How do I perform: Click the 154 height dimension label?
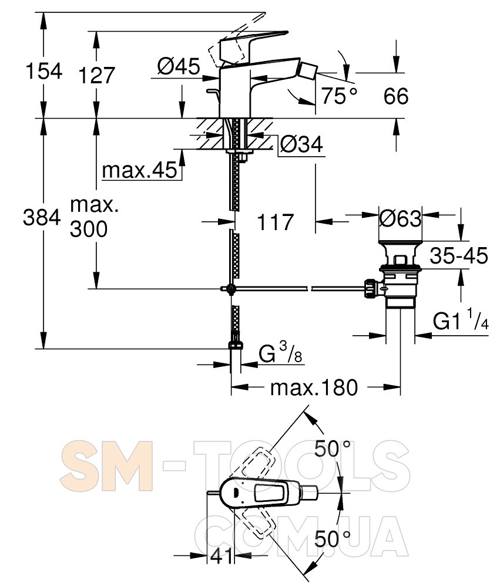coord(44,71)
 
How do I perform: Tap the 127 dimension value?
coord(96,75)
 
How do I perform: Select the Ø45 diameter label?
coord(179,67)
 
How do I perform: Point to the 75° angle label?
coord(340,96)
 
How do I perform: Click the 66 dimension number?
coord(395,96)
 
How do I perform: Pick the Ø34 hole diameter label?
coord(301,144)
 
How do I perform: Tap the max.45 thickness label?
coord(139,170)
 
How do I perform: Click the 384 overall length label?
coord(42,217)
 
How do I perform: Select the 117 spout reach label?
coord(275,222)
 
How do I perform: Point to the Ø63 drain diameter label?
coord(400,218)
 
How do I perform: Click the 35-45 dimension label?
coord(459,256)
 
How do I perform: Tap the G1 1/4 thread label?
coord(461,321)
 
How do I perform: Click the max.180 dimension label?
coord(314,387)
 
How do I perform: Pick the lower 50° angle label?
coord(333,539)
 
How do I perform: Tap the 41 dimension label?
coord(221,556)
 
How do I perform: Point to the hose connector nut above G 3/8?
coord(235,345)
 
